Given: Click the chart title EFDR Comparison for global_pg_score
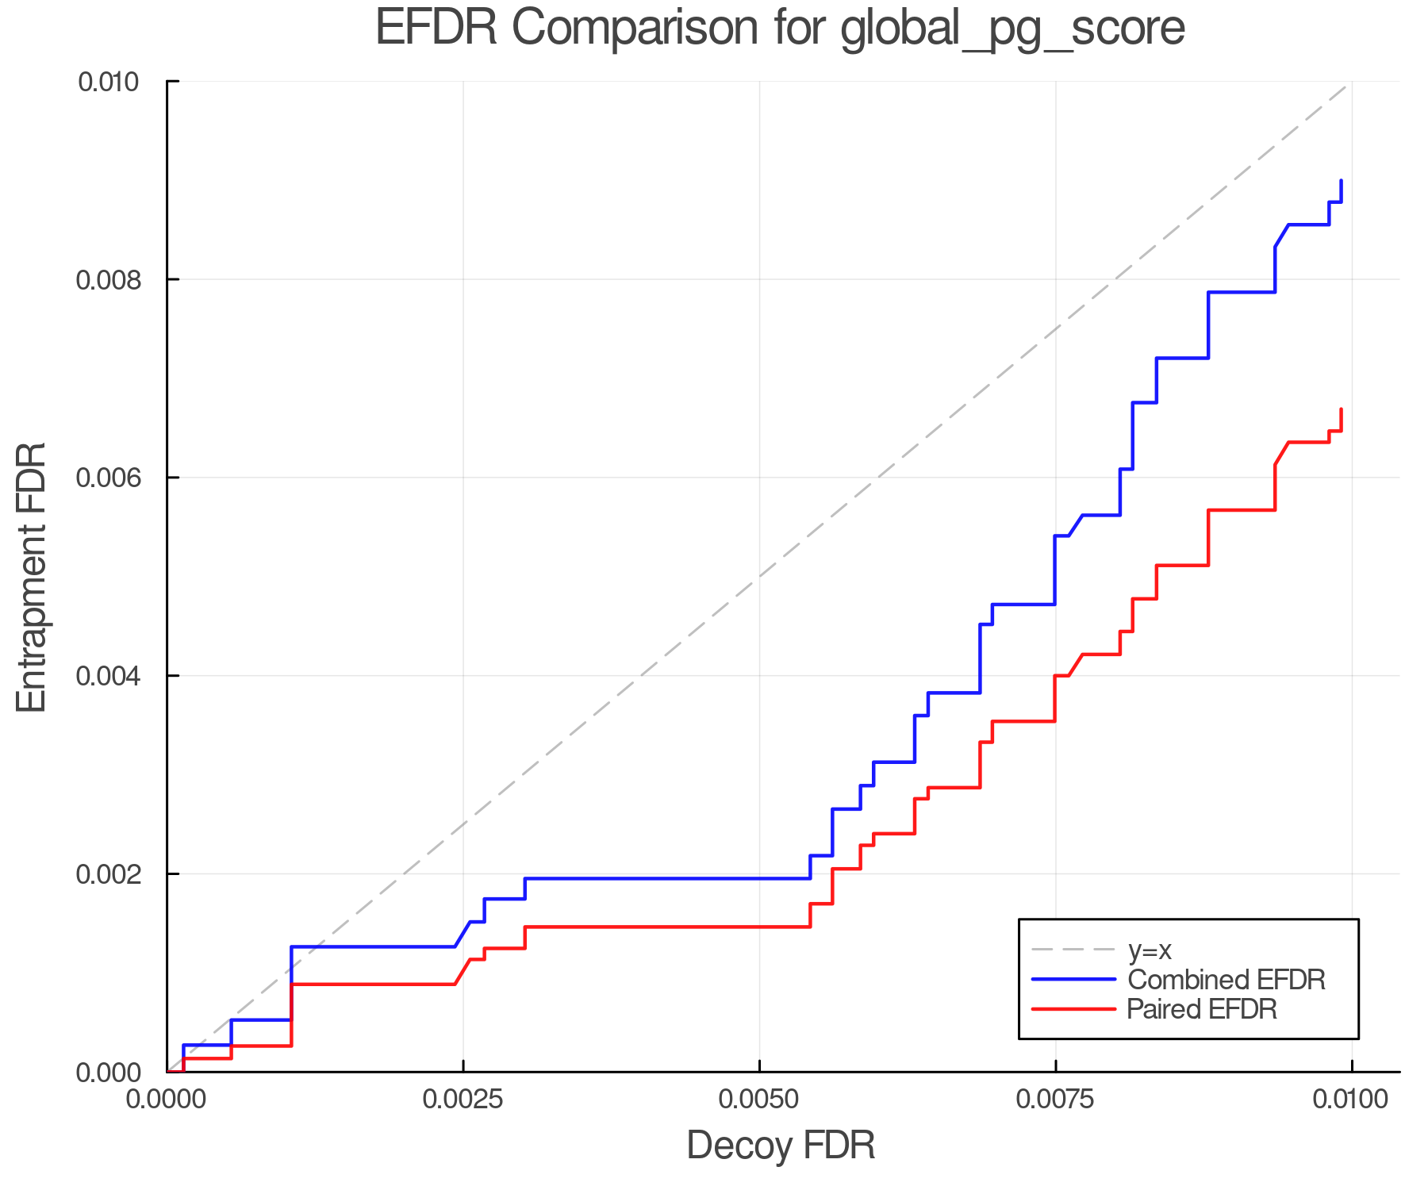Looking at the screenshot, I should click(x=780, y=28).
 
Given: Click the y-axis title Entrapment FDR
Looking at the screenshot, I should click(x=33, y=577).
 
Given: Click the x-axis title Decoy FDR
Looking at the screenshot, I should click(x=781, y=1146).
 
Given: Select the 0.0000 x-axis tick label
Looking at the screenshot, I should click(x=167, y=1100).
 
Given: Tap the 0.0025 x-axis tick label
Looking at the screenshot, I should click(x=463, y=1100).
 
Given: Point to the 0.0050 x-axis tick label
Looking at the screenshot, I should click(x=759, y=1100).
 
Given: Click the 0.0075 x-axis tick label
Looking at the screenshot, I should click(x=1055, y=1100).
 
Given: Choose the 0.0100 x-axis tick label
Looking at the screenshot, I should click(x=1351, y=1100).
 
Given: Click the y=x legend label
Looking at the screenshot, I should click(x=1150, y=950).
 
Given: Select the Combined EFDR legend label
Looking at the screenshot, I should click(x=1226, y=980).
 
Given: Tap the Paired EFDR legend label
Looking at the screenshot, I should click(x=1202, y=1009).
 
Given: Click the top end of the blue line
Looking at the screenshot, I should click(x=1341, y=181).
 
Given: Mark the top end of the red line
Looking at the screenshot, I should click(x=1341, y=409).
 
